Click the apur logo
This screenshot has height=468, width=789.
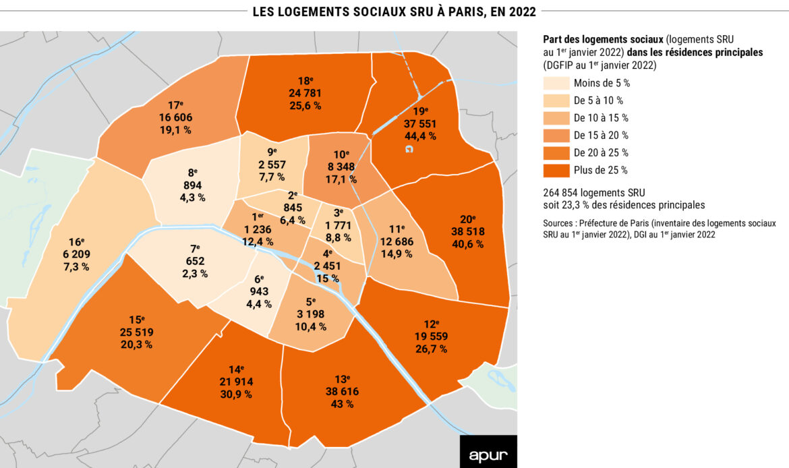coord(488,452)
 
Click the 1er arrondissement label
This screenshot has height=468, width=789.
coord(258,216)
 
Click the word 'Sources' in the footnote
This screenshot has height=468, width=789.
coord(559,223)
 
